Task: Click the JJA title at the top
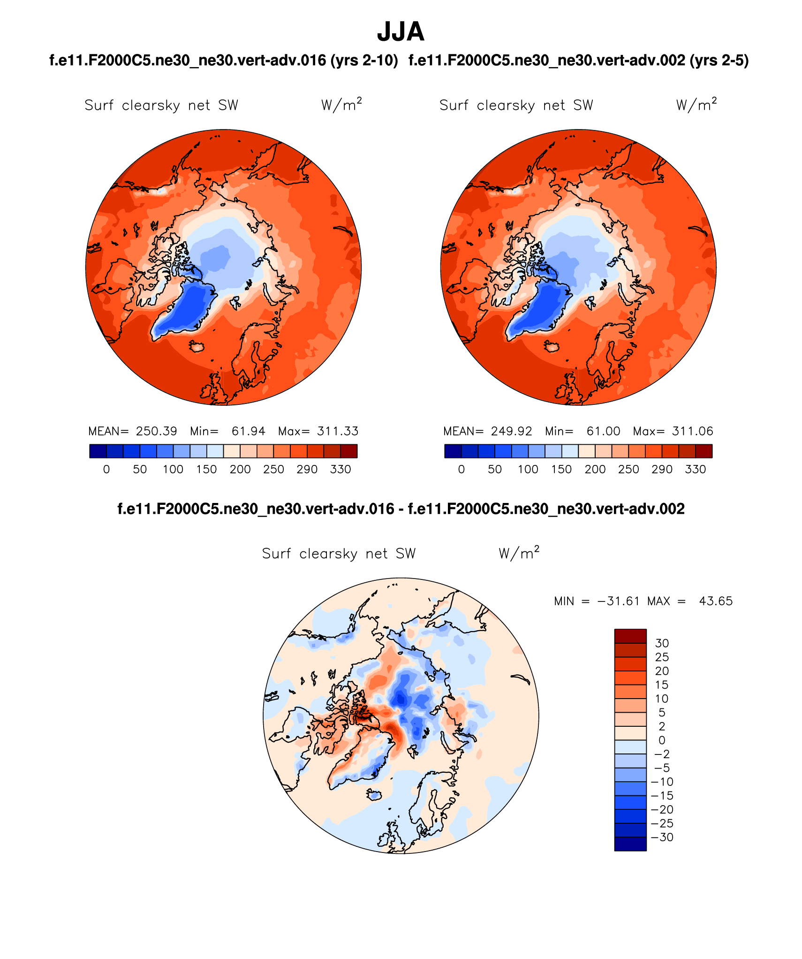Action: click(401, 32)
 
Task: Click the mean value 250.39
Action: click(156, 431)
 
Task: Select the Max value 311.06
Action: click(692, 431)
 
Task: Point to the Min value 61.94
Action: click(248, 431)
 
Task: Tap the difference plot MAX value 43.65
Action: click(716, 601)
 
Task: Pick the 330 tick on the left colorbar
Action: click(340, 469)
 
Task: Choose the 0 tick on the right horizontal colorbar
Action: click(462, 469)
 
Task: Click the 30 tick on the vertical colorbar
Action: click(662, 643)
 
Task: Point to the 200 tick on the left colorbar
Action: click(240, 469)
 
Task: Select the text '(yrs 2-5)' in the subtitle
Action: click(719, 61)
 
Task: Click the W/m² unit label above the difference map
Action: click(519, 553)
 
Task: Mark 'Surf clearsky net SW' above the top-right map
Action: click(516, 105)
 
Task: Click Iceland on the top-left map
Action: click(197, 347)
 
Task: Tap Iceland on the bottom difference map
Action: click(374, 795)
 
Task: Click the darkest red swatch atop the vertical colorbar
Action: click(630, 636)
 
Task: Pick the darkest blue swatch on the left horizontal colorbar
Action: click(98, 451)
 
